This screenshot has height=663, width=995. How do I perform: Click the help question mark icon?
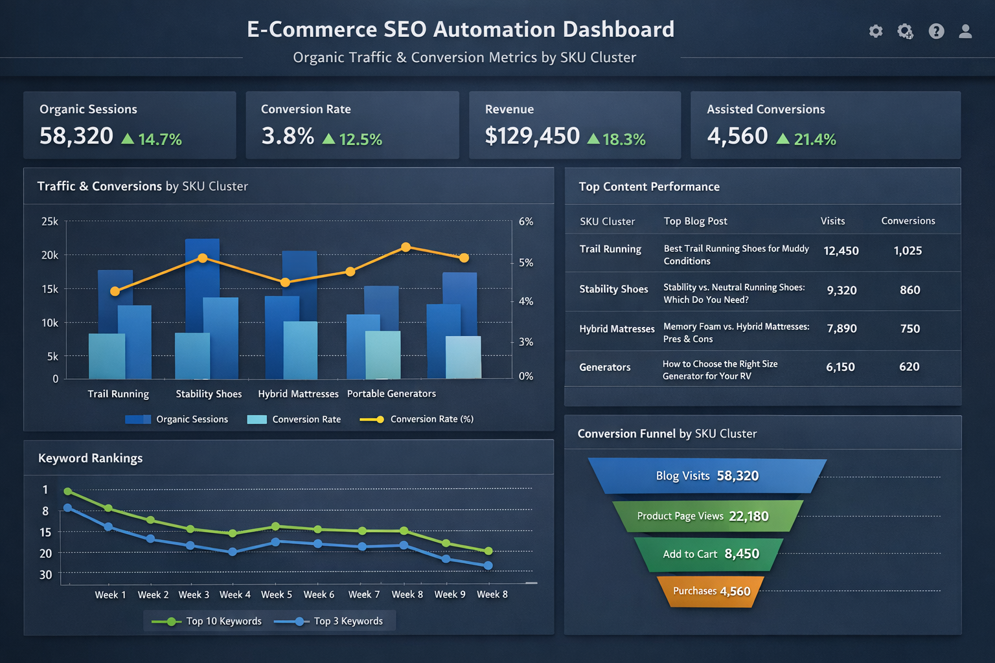[x=936, y=31]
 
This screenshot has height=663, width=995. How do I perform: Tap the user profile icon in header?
[x=965, y=31]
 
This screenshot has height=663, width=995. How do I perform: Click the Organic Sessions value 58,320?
[x=76, y=136]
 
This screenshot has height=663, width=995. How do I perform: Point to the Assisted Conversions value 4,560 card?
[x=737, y=136]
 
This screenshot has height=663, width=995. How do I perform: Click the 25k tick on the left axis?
[x=50, y=221]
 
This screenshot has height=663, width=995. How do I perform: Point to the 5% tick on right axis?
[x=526, y=263]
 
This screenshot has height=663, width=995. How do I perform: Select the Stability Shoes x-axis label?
[x=209, y=394]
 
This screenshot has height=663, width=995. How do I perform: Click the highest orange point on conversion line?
[x=406, y=247]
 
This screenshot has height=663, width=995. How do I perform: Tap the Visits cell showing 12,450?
[x=841, y=251]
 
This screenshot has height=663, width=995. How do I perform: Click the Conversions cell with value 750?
[x=909, y=329]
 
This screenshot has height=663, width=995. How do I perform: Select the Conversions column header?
[x=908, y=221]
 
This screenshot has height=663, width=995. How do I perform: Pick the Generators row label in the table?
[x=604, y=367]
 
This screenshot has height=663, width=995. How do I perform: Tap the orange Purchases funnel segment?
[x=711, y=591]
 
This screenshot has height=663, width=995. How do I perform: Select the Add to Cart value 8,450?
[x=742, y=554]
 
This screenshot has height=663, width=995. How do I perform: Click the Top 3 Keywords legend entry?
[x=348, y=621]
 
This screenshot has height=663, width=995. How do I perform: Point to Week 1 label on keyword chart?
[x=110, y=594]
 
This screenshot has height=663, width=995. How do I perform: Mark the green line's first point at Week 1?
[x=67, y=491]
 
